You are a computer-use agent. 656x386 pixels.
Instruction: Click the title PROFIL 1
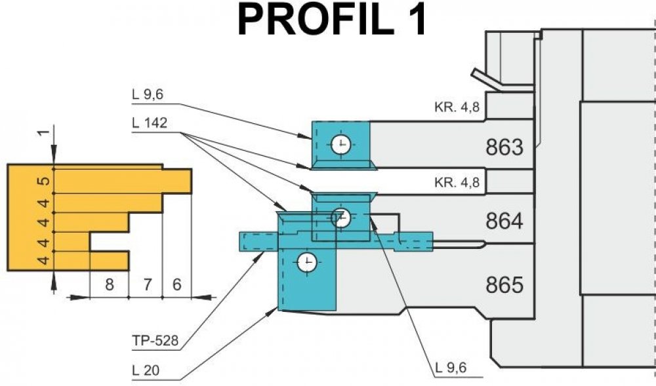click(333, 20)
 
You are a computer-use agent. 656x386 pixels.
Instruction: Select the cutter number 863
click(504, 147)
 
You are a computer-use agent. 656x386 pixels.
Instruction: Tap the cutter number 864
click(504, 222)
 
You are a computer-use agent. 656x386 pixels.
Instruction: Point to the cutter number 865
click(504, 286)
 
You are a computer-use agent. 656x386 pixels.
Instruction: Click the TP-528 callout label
click(152, 341)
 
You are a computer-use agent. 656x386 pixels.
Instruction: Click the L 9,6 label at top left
click(146, 94)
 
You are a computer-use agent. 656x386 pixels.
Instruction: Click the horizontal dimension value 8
click(109, 285)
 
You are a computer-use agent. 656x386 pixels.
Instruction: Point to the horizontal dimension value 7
click(146, 285)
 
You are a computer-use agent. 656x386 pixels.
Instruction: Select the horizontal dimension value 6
click(176, 285)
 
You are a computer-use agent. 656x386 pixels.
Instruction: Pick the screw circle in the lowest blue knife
click(306, 263)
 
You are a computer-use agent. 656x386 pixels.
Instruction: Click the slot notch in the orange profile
click(109, 242)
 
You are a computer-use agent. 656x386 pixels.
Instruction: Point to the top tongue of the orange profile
click(176, 181)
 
